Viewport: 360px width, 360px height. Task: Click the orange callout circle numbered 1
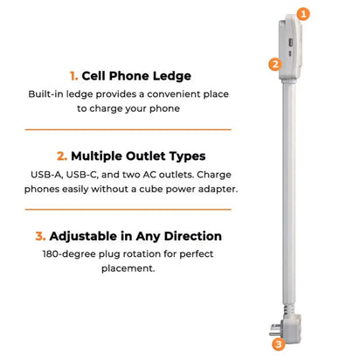pos(303,14)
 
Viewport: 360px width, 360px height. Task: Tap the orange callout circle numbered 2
pos(275,64)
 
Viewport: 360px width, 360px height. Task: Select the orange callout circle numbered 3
pos(279,344)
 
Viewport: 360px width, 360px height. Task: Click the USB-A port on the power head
pos(290,43)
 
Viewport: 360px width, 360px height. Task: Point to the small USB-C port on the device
pos(290,53)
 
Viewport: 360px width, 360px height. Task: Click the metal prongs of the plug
pos(274,329)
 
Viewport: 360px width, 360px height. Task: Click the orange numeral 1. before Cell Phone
pos(73,76)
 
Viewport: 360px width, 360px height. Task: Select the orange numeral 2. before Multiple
pos(62,156)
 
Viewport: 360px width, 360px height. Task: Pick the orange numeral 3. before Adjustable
pos(40,236)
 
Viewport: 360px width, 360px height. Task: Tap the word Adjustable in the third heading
pos(83,236)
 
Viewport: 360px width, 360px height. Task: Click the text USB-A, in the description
pos(47,175)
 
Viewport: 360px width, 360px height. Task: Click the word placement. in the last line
pos(128,268)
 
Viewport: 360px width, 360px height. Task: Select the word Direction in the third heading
pos(192,236)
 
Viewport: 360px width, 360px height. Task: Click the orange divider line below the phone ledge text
pos(128,129)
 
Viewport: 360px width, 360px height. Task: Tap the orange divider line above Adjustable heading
pos(128,209)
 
